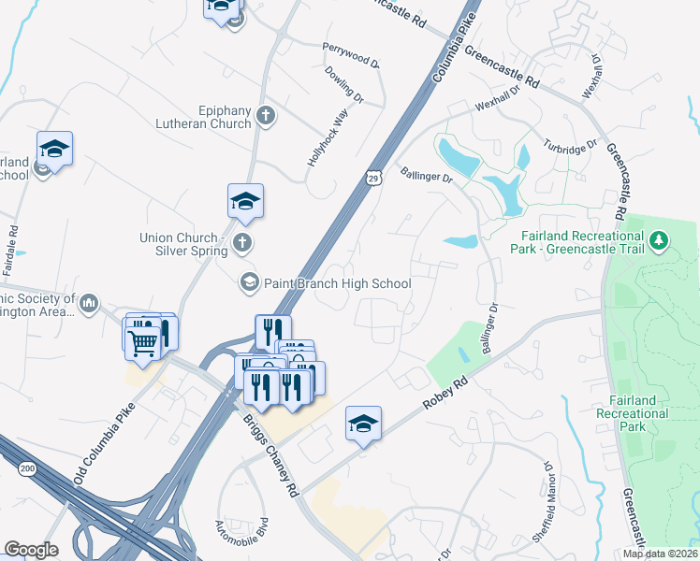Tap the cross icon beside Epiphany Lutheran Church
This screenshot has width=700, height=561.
pos(266,116)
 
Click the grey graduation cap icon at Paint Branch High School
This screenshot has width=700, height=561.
pos(249,281)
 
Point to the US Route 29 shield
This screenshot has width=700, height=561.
pos(372,177)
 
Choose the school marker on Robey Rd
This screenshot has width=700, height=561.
pos(363,424)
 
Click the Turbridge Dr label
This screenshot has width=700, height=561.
pos(569,148)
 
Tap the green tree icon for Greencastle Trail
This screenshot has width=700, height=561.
pos(660,241)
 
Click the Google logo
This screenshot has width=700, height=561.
pos(31,550)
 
